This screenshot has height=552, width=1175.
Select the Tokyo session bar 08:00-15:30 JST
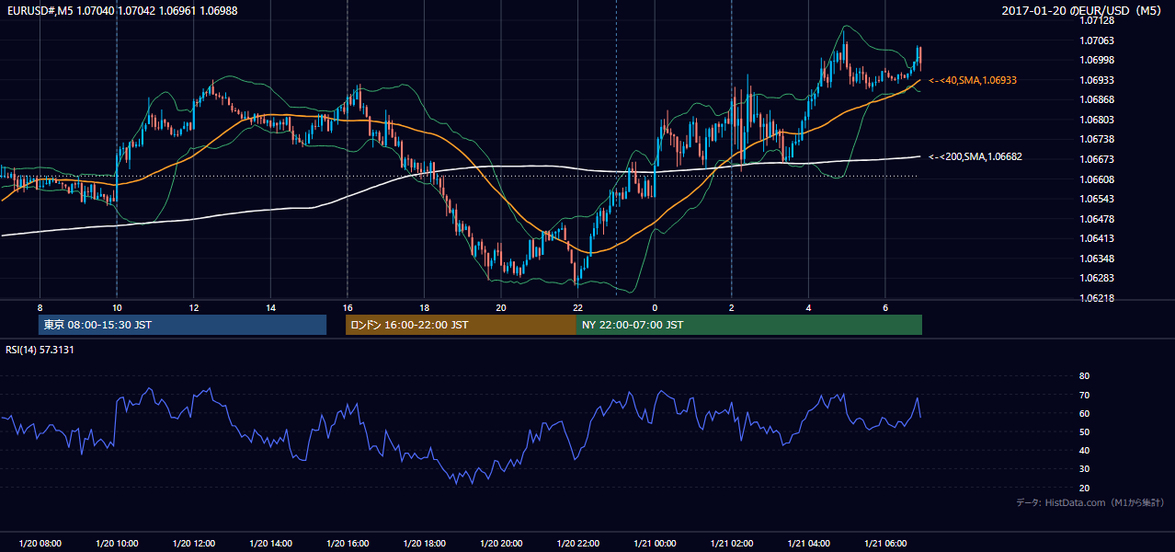pyautogui.click(x=183, y=325)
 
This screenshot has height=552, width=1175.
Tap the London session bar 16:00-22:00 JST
pyautogui.click(x=461, y=325)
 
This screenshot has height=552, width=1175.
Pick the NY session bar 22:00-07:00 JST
pyautogui.click(x=749, y=325)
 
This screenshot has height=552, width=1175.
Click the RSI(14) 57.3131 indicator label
pyautogui.click(x=40, y=350)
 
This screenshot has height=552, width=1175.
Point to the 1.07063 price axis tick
pyautogui.click(x=1097, y=40)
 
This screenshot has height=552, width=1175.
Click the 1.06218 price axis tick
pyautogui.click(x=1097, y=298)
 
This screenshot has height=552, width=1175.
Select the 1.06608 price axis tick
pyautogui.click(x=1097, y=179)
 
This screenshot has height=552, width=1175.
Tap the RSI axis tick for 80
pyautogui.click(x=1084, y=375)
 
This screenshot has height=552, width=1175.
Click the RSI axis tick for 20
pyautogui.click(x=1084, y=488)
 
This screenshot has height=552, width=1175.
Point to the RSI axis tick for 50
pyautogui.click(x=1084, y=431)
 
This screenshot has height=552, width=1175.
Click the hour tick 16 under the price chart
pyautogui.click(x=348, y=308)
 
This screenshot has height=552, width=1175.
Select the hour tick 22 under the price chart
pyautogui.click(x=577, y=308)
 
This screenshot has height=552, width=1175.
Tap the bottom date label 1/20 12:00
pyautogui.click(x=194, y=543)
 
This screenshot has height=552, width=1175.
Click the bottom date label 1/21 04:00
pyautogui.click(x=808, y=543)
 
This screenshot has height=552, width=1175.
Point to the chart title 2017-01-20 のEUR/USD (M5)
pyautogui.click(x=1081, y=10)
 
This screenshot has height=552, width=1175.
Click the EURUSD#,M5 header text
pyautogui.click(x=40, y=10)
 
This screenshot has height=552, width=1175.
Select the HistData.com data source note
pyautogui.click(x=1090, y=502)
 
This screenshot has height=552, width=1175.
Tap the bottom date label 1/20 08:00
pyautogui.click(x=40, y=543)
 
